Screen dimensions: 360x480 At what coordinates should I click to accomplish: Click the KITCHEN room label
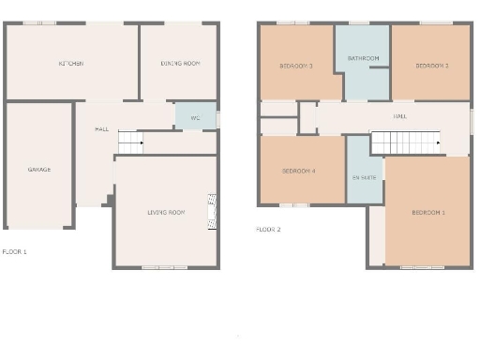coord(71,64)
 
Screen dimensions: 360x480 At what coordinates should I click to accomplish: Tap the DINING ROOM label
coord(180,64)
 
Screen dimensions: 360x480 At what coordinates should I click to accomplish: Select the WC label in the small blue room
coord(195,118)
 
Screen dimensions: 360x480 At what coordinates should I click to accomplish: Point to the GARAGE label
coord(38,170)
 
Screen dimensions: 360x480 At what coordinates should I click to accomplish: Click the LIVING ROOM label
coord(166,213)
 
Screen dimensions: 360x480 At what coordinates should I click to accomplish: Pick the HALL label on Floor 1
coord(101,128)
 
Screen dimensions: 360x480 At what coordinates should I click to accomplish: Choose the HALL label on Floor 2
coord(400,116)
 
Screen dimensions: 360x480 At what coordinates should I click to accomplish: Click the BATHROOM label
coord(363,58)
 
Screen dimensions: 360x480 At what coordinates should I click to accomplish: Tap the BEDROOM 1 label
coord(428,213)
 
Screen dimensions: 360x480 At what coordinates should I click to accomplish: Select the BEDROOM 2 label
coord(431,66)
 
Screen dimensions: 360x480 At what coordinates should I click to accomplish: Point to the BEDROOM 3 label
coord(296,66)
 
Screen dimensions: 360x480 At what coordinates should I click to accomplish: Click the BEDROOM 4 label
coord(299,171)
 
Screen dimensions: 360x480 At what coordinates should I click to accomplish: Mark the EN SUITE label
coord(364,177)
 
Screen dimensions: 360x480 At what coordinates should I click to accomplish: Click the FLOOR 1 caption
coord(14,251)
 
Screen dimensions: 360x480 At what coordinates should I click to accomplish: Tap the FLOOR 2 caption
coord(268,229)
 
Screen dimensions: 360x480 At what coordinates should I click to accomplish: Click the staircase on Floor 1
coord(129,142)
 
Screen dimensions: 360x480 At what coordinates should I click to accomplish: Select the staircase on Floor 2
coord(406,142)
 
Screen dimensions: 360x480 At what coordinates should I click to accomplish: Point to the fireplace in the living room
coord(212,212)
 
